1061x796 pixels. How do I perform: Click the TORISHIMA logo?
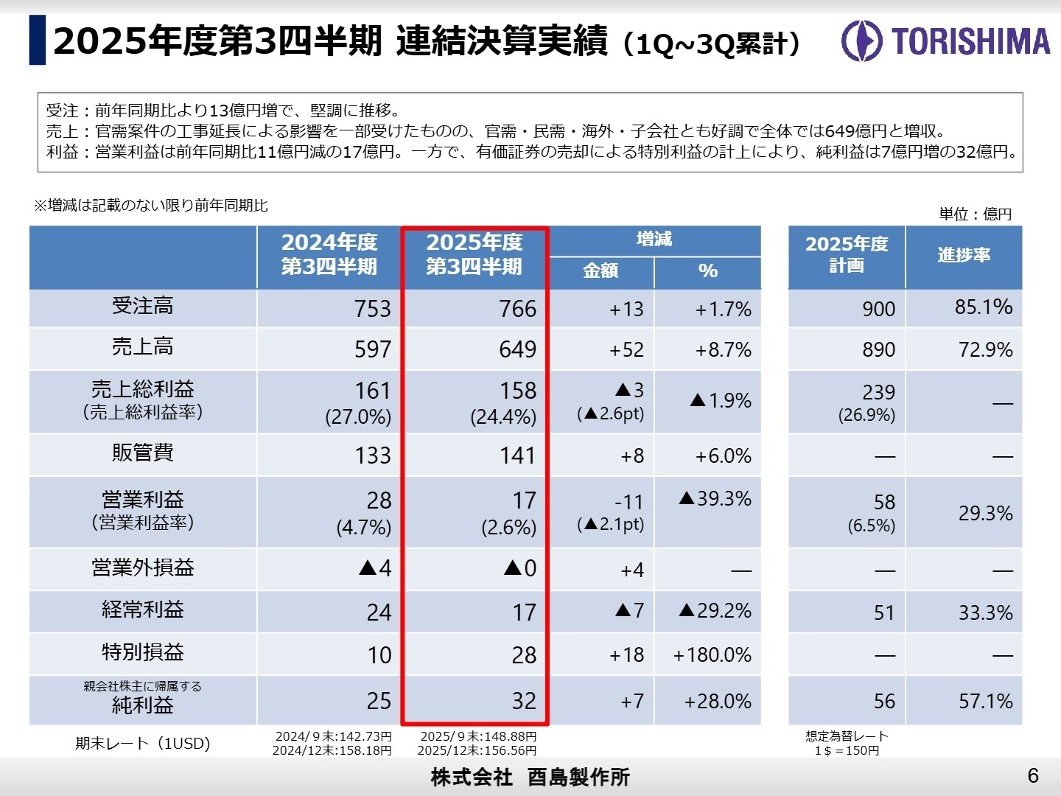coord(946,41)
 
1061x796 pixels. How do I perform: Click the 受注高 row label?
coord(143,306)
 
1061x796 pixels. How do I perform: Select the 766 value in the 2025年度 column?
coord(517,309)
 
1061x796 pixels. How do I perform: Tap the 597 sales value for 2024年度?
coord(372,349)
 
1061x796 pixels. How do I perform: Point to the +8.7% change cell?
coord(723,349)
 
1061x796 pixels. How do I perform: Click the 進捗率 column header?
coord(964,255)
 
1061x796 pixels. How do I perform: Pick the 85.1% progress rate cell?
coord(983,307)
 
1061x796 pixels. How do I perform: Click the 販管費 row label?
coord(143,453)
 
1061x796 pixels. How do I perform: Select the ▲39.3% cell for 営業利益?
coord(715,499)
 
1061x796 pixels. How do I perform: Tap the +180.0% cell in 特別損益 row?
coord(712,655)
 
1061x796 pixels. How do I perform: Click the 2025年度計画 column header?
coord(847,254)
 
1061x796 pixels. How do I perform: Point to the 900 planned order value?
coord(878,309)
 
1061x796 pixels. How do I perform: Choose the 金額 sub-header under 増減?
coord(600,271)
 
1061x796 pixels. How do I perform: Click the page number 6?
coord(1033,775)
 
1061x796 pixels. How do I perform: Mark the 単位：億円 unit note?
coord(975,214)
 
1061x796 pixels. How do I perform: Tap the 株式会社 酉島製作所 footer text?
coord(530,777)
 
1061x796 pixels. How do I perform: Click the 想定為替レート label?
coord(847,736)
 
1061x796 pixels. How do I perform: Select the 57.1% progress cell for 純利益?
coord(985,701)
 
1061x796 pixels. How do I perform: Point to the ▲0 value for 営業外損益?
coord(520,568)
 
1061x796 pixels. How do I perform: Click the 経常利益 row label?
coord(143,610)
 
